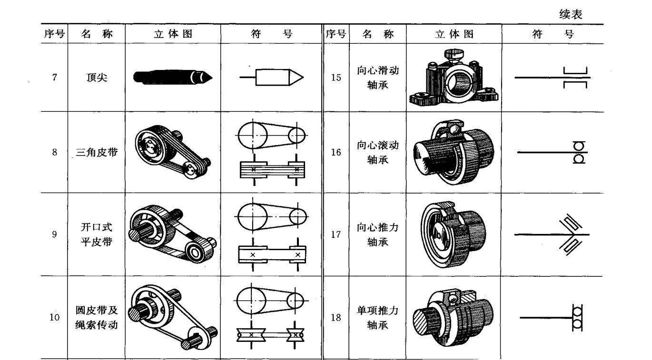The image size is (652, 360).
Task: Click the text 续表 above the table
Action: pyautogui.click(x=571, y=15)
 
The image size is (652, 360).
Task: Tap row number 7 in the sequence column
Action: pyautogui.click(x=55, y=78)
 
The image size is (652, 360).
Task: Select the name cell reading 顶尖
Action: pyautogui.click(x=97, y=78)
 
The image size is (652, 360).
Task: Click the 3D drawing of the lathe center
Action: pyautogui.click(x=173, y=77)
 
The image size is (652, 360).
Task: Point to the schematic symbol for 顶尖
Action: pyautogui.click(x=272, y=76)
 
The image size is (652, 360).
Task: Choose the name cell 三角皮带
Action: pyautogui.click(x=96, y=153)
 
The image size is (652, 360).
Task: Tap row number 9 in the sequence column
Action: pyautogui.click(x=55, y=234)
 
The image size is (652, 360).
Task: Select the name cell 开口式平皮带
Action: pyautogui.click(x=97, y=234)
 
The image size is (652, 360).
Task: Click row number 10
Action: pyautogui.click(x=55, y=318)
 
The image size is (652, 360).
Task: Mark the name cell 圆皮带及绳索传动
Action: pyautogui.click(x=97, y=318)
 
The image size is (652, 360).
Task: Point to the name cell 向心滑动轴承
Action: pyautogui.click(x=378, y=78)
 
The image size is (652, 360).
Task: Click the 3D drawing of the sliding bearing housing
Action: pyautogui.click(x=453, y=77)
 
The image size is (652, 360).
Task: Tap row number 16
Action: pyautogui.click(x=336, y=153)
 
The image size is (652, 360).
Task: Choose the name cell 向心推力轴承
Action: pyautogui.click(x=378, y=234)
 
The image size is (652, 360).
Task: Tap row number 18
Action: pyautogui.click(x=336, y=318)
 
